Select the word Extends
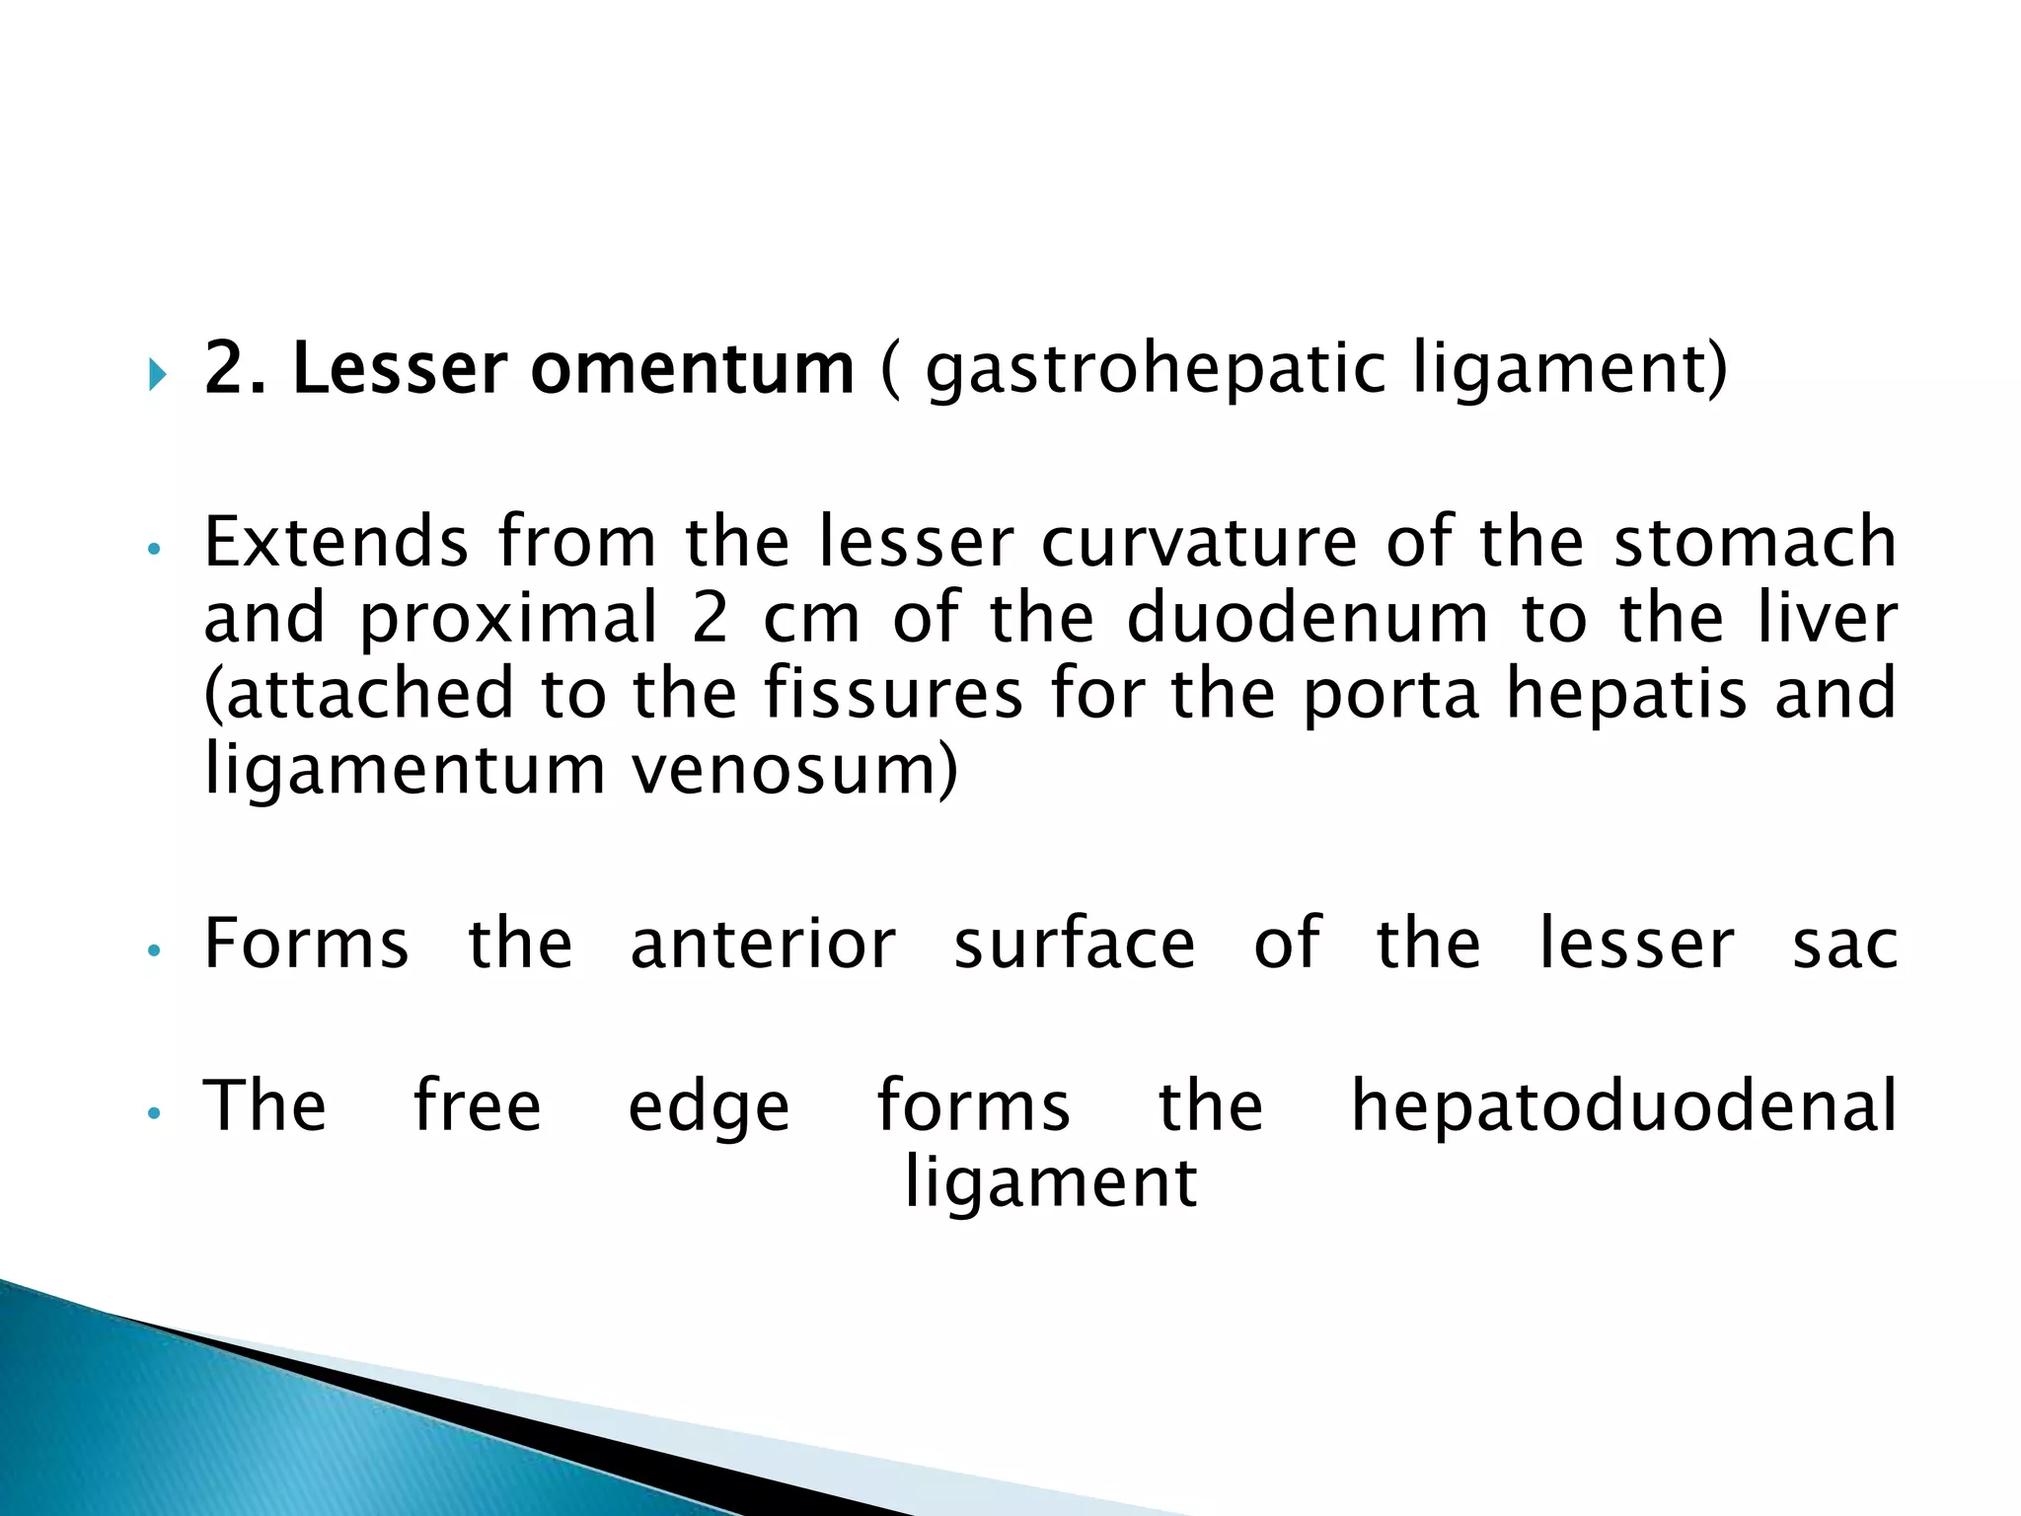336,542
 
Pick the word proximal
508,618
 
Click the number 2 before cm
710,618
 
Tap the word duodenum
1307,618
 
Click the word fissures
893,693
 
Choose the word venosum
794,769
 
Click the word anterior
763,944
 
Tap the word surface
1075,944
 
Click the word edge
709,1107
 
